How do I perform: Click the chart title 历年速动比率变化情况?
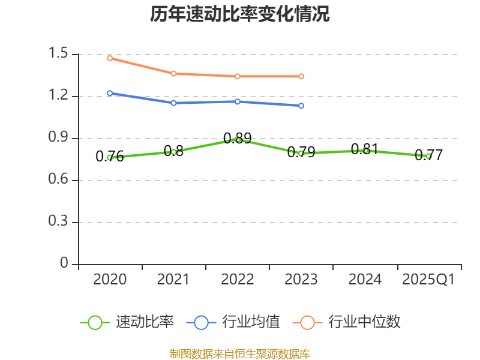tap(240, 14)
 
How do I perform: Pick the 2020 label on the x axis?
tap(110, 280)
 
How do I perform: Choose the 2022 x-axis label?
tap(237, 280)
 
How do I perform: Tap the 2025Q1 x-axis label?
tap(428, 280)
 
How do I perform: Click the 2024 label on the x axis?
tap(365, 280)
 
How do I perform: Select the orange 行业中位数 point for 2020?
tap(110, 58)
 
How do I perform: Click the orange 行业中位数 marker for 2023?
tap(301, 76)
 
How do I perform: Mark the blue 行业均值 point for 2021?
tap(173, 103)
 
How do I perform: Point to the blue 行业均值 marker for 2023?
tap(301, 106)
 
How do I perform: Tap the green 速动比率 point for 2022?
tap(238, 140)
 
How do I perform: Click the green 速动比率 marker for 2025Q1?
tap(428, 156)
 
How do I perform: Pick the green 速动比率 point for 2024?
tap(365, 151)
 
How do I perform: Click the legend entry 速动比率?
tap(127, 322)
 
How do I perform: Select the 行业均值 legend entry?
tap(233, 322)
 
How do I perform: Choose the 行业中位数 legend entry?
tap(346, 322)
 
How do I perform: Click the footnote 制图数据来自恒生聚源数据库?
tap(240, 353)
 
